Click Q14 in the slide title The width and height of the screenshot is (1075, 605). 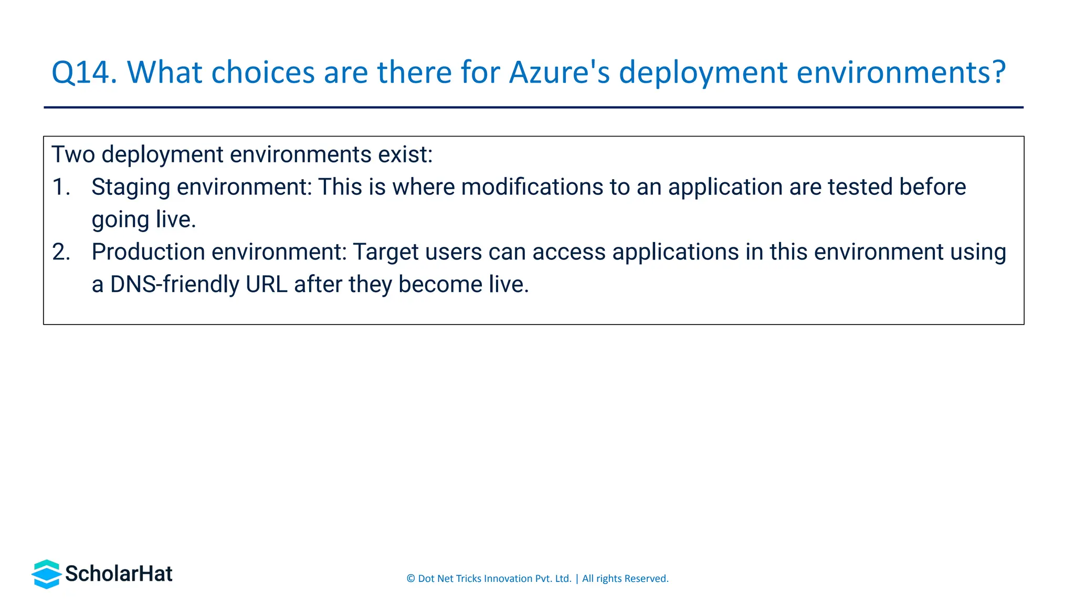(x=84, y=72)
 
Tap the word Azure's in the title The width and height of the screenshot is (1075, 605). (x=560, y=72)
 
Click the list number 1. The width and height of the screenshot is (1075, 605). (x=61, y=187)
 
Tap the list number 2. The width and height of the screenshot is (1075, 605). (x=61, y=252)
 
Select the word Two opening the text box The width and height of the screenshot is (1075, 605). (x=73, y=155)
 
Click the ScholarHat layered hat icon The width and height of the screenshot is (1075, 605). (x=47, y=574)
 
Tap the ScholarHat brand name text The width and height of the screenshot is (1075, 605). (x=119, y=574)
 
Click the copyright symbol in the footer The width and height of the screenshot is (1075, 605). (x=410, y=579)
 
